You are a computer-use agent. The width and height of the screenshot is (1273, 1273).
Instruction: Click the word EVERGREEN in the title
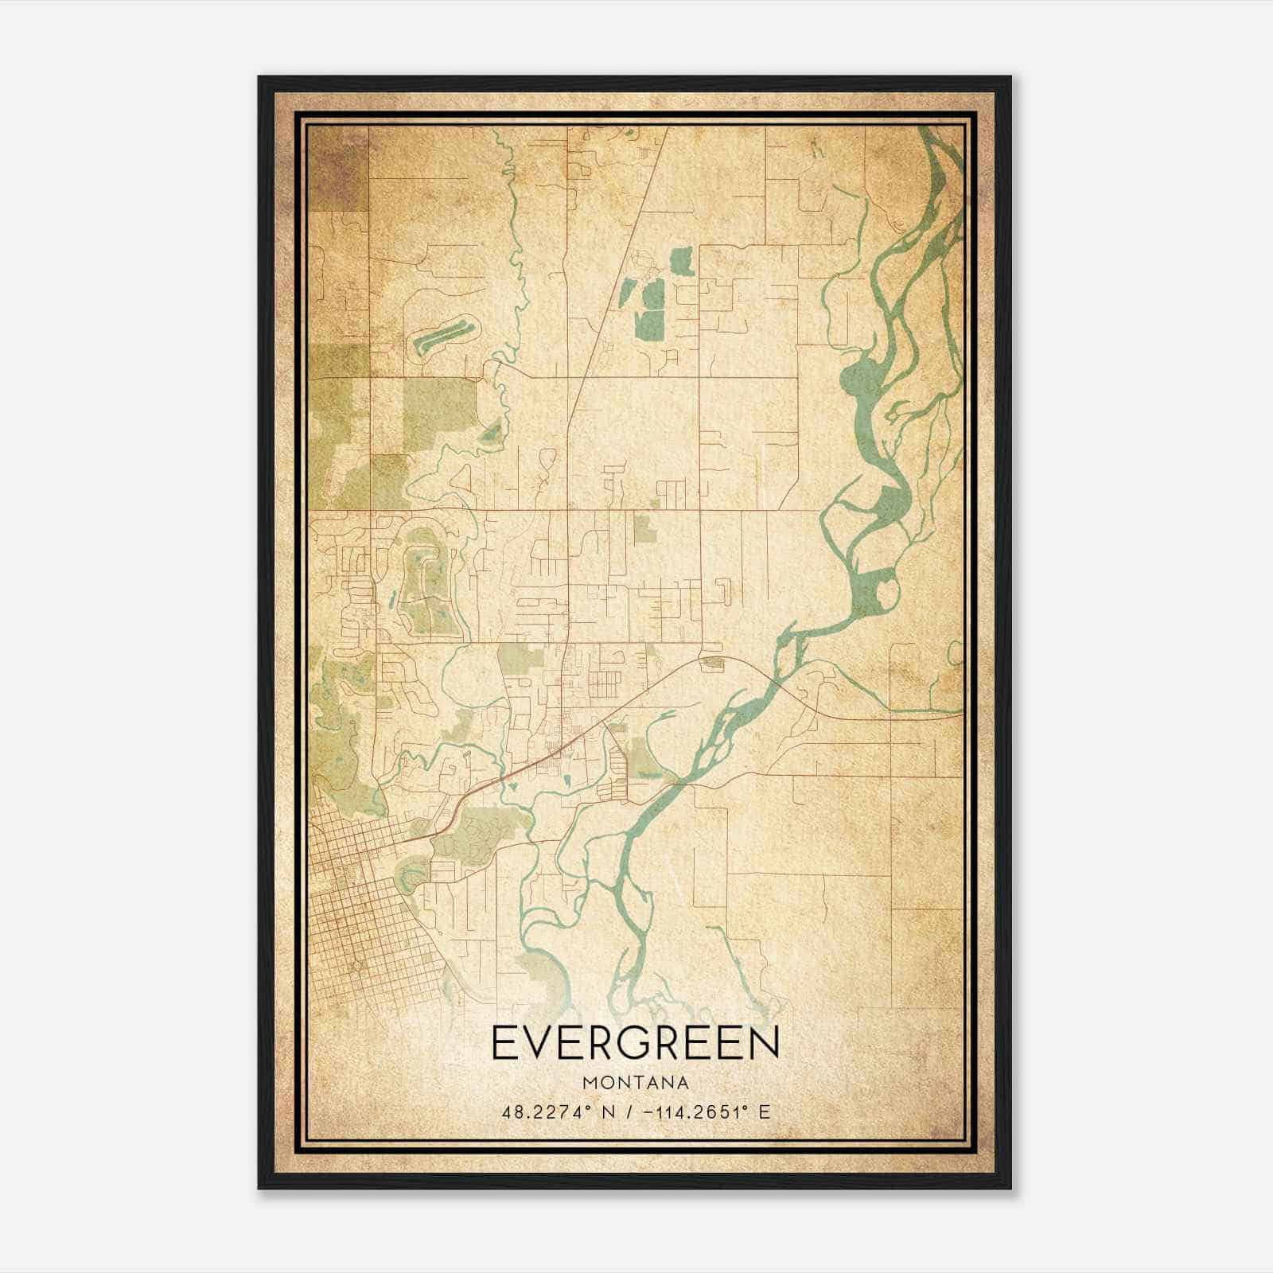[636, 1042]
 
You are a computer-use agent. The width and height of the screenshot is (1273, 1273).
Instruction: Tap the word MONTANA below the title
[636, 1083]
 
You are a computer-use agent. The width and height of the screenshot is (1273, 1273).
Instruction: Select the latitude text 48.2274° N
[552, 1111]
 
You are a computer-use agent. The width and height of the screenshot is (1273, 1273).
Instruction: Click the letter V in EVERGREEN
[540, 1042]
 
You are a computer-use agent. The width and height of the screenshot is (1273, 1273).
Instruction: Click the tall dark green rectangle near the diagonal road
[652, 324]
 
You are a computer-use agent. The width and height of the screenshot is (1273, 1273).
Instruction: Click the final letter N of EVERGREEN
[764, 1042]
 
